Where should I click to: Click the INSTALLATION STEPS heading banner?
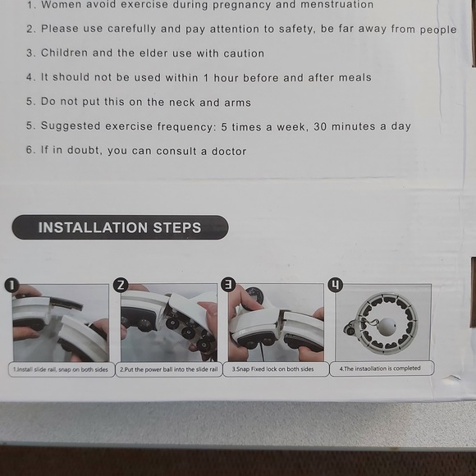click(120, 227)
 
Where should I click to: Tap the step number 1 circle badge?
click(12, 285)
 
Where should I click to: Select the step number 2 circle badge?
click(121, 285)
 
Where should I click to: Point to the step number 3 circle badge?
click(228, 284)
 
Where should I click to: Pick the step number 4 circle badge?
click(336, 284)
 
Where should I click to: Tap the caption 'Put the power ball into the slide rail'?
click(169, 369)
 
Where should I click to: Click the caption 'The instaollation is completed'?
click(380, 368)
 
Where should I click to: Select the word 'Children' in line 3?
click(65, 53)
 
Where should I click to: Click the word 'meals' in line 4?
click(355, 78)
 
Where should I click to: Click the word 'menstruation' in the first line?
click(332, 5)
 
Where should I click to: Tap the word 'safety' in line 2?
click(294, 30)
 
